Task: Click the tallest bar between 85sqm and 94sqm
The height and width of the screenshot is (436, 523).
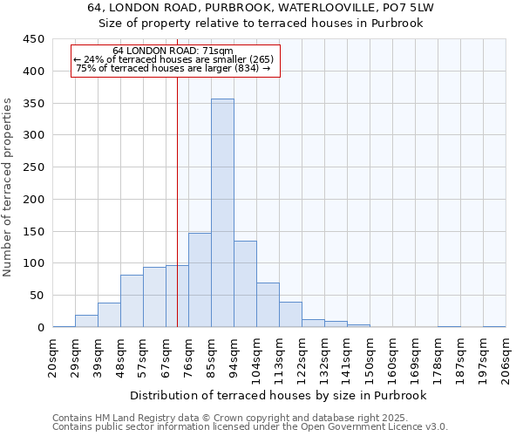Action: [x=222, y=214]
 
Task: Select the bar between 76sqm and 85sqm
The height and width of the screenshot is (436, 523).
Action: [x=200, y=281]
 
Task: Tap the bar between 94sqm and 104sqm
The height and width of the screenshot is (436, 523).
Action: [x=245, y=284]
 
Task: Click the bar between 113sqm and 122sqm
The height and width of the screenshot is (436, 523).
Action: [x=290, y=315]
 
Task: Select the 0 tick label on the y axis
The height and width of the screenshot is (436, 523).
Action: [x=40, y=328]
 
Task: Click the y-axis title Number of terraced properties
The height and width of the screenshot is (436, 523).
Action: [x=8, y=187]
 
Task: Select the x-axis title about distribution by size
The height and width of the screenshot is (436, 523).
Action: [x=279, y=395]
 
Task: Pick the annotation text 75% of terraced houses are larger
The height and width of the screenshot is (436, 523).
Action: [x=173, y=68]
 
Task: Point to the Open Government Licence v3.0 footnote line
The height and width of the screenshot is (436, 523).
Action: [x=250, y=427]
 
